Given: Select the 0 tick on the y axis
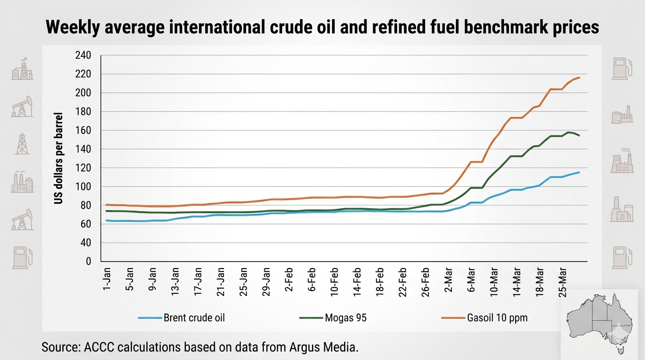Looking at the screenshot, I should point(88,262).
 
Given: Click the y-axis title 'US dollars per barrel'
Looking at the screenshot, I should point(59,158).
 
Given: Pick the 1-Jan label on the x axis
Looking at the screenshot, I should point(107,280).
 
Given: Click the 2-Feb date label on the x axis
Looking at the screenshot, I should point(289,280).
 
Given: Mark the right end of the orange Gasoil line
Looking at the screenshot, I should point(579,77).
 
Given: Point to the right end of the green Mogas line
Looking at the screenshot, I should point(579,135).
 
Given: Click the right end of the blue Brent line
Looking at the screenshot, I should point(579,172).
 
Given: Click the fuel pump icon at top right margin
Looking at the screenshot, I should point(622,68).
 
